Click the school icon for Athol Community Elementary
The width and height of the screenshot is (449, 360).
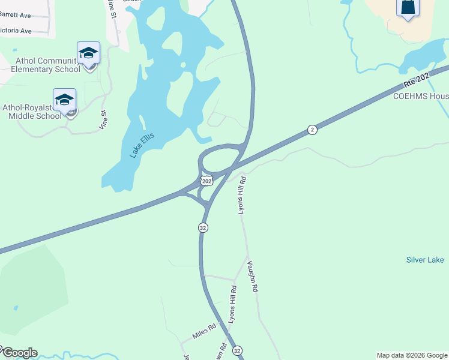tap(88, 53)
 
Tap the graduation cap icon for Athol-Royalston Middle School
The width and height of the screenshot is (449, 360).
tap(64, 100)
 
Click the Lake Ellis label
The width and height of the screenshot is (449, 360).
tap(142, 145)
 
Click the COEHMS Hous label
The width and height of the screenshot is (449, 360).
tap(420, 96)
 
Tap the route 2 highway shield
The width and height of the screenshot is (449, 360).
tap(312, 130)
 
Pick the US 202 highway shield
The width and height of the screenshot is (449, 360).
tap(206, 180)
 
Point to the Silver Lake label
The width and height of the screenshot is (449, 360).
tap(425, 260)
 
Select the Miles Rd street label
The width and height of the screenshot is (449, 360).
tap(203, 331)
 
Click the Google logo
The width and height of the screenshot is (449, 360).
tap(19, 352)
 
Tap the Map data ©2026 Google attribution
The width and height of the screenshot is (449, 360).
tap(412, 355)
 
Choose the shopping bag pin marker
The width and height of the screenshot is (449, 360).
tap(408, 8)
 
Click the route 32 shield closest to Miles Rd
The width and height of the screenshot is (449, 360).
tap(237, 350)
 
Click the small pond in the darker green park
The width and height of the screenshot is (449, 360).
tap(16, 308)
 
